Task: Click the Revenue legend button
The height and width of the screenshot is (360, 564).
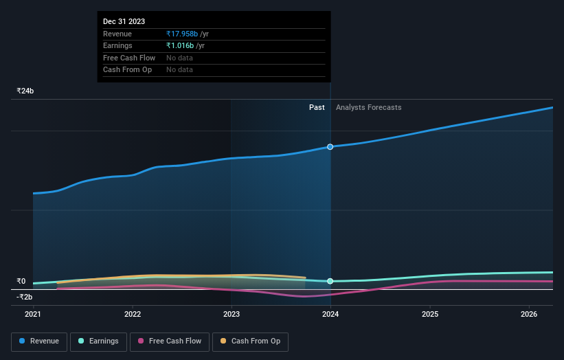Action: click(39, 341)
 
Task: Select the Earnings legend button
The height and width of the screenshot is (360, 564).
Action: click(98, 341)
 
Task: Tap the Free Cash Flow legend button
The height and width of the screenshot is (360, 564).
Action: click(170, 341)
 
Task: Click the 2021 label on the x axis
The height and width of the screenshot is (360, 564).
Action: click(33, 315)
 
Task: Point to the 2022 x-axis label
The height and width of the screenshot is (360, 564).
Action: click(133, 315)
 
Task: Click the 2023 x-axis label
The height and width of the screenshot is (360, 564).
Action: click(232, 315)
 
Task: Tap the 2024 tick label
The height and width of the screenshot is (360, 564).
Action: click(330, 315)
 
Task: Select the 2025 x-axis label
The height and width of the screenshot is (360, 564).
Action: click(430, 315)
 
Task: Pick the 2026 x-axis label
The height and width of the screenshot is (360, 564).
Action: click(529, 315)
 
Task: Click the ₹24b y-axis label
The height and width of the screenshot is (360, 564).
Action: click(25, 91)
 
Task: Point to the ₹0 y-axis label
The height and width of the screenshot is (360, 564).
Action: click(21, 281)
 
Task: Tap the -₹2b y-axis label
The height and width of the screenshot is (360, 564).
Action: click(25, 297)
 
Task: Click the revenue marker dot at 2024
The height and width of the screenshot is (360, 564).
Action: click(330, 147)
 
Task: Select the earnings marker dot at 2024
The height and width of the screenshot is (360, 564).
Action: click(330, 281)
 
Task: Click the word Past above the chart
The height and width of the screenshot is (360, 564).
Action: click(317, 107)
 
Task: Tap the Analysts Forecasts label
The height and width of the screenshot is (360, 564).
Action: click(368, 107)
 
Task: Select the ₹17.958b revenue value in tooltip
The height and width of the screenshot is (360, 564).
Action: click(182, 34)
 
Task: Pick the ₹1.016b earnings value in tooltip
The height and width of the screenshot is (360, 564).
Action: click(180, 45)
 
